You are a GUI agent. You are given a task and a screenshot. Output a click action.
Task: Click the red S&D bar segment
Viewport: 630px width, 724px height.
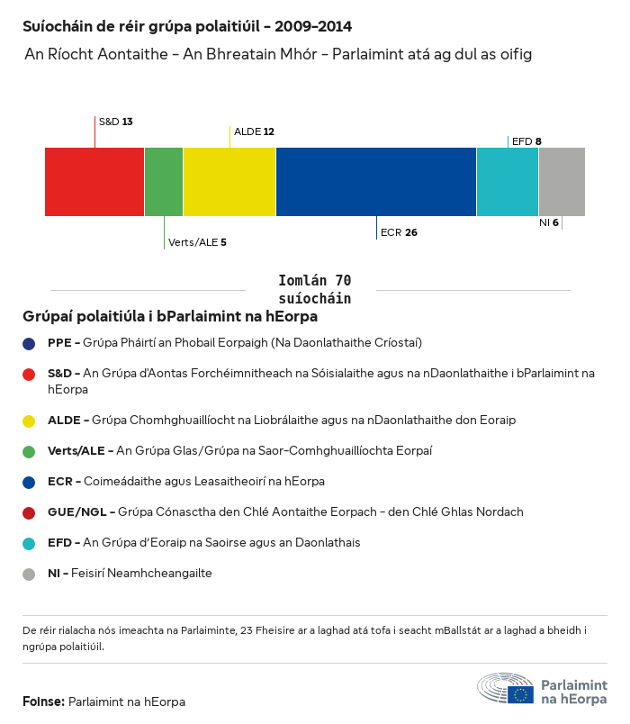94,182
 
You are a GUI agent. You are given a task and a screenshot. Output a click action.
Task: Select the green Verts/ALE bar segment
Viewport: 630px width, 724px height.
164,182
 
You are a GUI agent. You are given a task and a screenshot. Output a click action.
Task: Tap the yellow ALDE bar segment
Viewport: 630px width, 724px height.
229,182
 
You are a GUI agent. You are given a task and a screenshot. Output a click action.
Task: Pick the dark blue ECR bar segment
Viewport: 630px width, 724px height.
376,182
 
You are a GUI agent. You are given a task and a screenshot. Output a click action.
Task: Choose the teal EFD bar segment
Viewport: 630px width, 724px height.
508,182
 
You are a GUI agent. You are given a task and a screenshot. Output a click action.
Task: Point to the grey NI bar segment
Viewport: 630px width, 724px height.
562,182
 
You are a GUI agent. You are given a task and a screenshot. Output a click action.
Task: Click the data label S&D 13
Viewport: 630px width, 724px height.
115,121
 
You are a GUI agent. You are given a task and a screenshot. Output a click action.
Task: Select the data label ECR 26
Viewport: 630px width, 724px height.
399,232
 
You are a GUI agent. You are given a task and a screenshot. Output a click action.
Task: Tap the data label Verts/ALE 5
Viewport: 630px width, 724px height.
197,242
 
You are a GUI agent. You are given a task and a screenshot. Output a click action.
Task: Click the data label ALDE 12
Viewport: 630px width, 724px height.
254,131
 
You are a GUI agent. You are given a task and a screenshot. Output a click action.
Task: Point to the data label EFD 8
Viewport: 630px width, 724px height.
526,141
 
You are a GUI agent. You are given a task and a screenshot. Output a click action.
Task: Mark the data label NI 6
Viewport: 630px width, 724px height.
548,222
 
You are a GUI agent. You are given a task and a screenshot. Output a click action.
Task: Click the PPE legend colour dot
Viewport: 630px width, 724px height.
30,343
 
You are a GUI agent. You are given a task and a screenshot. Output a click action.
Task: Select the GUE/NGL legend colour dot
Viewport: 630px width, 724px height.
30,512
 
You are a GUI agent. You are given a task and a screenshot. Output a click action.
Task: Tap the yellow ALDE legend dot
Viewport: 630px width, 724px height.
30,421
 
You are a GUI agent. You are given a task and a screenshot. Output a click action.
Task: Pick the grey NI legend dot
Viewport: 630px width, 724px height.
30,574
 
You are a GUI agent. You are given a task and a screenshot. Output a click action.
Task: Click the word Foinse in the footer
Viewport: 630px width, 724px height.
42,701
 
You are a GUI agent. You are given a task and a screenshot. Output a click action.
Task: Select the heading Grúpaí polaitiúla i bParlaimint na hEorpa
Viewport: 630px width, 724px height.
170,317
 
